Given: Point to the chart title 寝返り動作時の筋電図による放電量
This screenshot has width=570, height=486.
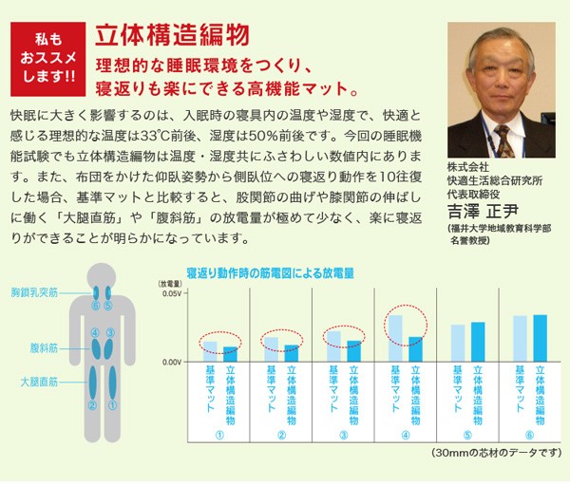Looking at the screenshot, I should point(270,272).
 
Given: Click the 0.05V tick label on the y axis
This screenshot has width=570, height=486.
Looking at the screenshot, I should point(170,295).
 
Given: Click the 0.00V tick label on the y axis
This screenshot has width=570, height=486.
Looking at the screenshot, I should point(170,362).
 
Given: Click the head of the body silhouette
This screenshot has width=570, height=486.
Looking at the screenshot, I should point(103,277).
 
